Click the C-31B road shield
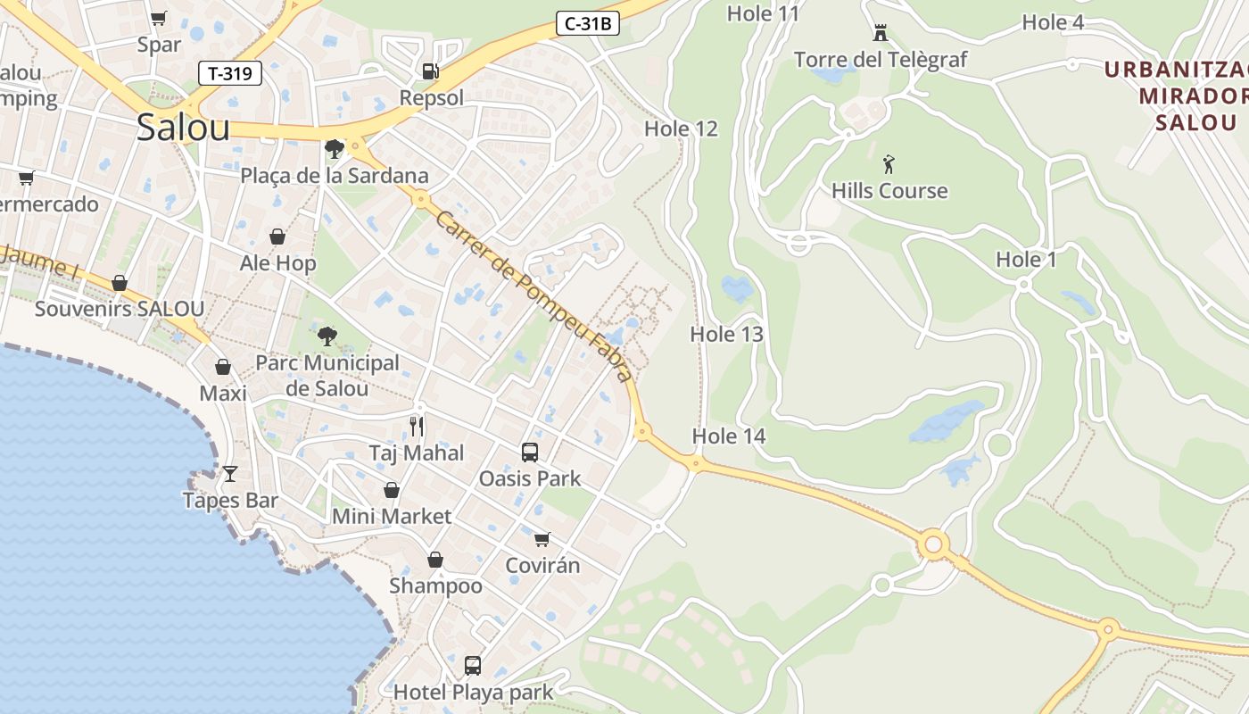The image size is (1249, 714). tap(587, 24)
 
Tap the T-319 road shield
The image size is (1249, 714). tap(230, 73)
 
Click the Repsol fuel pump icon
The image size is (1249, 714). tap(430, 71)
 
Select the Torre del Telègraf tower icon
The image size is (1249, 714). tap(881, 34)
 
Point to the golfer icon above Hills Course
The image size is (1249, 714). tap(888, 164)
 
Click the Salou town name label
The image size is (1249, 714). tap(183, 128)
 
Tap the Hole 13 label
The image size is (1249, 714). tap(727, 335)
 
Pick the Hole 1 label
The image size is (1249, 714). tap(1026, 260)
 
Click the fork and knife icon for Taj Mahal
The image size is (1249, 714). tap(416, 426)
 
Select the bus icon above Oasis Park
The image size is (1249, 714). tap(530, 452)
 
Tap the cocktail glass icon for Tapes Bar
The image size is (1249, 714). tap(230, 474)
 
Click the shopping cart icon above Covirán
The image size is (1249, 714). tap(542, 539)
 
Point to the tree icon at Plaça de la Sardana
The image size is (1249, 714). tap(335, 149)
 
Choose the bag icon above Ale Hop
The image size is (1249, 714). tap(277, 237)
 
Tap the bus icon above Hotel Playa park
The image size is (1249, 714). tap(473, 665)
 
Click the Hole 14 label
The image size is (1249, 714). tap(729, 436)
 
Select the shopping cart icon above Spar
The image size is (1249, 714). tap(159, 18)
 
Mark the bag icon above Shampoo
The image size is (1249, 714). tap(435, 560)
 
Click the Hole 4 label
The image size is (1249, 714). tap(1053, 22)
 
